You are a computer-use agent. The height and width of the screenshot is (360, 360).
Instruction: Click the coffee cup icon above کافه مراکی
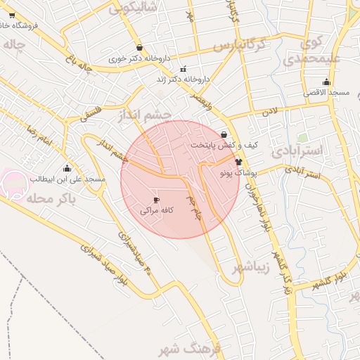pyautogui.click(x=156, y=200)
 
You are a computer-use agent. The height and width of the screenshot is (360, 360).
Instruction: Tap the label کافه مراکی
pyautogui.click(x=156, y=210)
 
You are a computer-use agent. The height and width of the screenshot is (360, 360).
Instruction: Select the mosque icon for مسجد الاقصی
pyautogui.click(x=326, y=82)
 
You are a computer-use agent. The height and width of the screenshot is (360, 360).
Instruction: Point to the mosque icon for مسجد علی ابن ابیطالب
pyautogui.click(x=67, y=169)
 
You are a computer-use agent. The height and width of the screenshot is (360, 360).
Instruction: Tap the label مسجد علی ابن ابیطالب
pyautogui.click(x=67, y=179)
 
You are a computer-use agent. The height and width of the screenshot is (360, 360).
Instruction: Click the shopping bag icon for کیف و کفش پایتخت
pyautogui.click(x=224, y=134)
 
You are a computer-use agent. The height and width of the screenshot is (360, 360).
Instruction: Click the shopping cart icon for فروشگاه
pyautogui.click(x=12, y=15)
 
